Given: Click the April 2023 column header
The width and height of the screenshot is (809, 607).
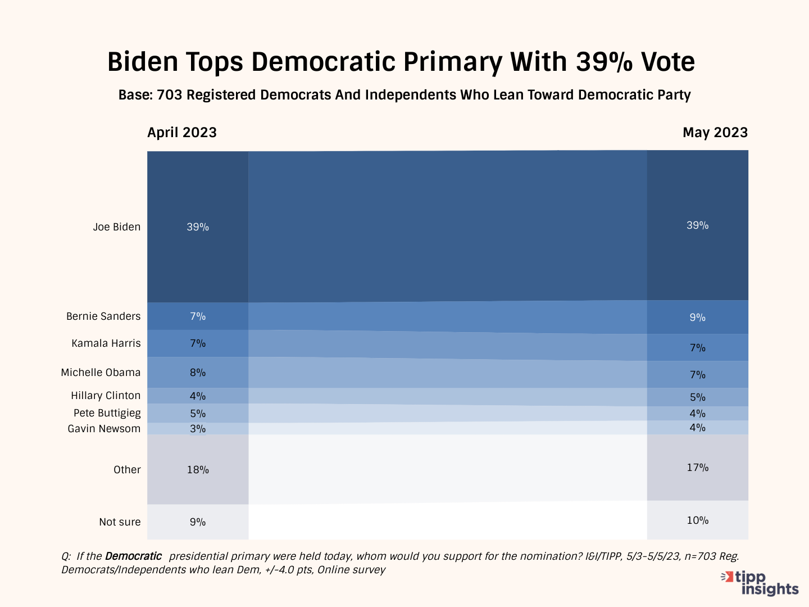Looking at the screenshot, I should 181,133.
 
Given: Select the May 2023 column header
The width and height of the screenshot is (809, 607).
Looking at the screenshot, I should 715,133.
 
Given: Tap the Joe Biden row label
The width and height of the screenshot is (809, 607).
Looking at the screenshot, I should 117,227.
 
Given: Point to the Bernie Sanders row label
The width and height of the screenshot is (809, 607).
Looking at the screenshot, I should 103,316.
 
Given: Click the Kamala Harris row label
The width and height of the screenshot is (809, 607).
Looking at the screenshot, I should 106,343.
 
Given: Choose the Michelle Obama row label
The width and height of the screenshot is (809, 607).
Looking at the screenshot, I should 101,373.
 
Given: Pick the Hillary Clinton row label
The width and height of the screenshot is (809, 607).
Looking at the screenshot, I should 106,396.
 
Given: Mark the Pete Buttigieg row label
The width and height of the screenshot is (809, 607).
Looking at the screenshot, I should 107,413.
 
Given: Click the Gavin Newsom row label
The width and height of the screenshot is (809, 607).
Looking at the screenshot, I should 104,429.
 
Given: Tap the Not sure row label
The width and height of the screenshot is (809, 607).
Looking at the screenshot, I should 120,522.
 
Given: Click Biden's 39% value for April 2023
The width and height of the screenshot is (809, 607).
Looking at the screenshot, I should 198,227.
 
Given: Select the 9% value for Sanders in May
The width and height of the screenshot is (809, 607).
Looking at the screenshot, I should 697,318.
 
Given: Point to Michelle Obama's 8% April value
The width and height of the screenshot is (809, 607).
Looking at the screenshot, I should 198,373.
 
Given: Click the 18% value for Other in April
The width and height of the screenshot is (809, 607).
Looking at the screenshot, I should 198,470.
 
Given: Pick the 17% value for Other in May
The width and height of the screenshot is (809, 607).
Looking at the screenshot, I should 697,468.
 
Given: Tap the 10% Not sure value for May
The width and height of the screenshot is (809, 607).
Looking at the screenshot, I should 697,520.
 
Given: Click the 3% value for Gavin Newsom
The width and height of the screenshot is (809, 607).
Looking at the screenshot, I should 198,429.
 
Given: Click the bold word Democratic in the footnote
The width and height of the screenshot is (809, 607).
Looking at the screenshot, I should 133,556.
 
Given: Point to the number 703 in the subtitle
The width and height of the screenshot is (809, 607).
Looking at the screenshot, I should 170,95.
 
